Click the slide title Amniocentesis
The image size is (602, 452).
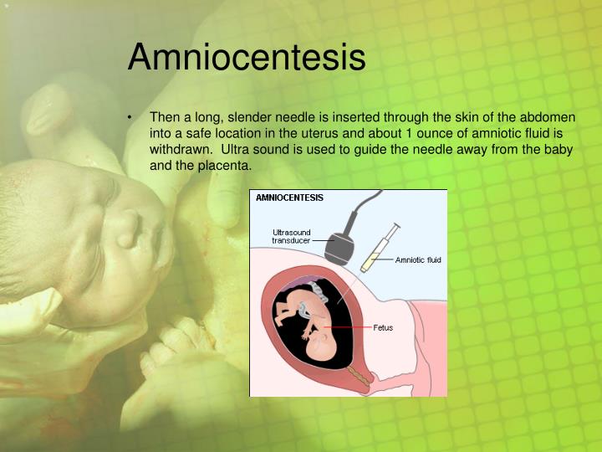click(x=247, y=57)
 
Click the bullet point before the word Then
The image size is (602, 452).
click(x=131, y=118)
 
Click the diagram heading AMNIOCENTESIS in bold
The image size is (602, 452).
click(x=289, y=198)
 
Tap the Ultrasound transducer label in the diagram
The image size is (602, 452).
click(x=291, y=236)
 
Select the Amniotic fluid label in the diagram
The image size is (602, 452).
click(x=418, y=259)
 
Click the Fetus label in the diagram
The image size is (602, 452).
click(x=382, y=327)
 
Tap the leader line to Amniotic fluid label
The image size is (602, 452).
click(x=382, y=259)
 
